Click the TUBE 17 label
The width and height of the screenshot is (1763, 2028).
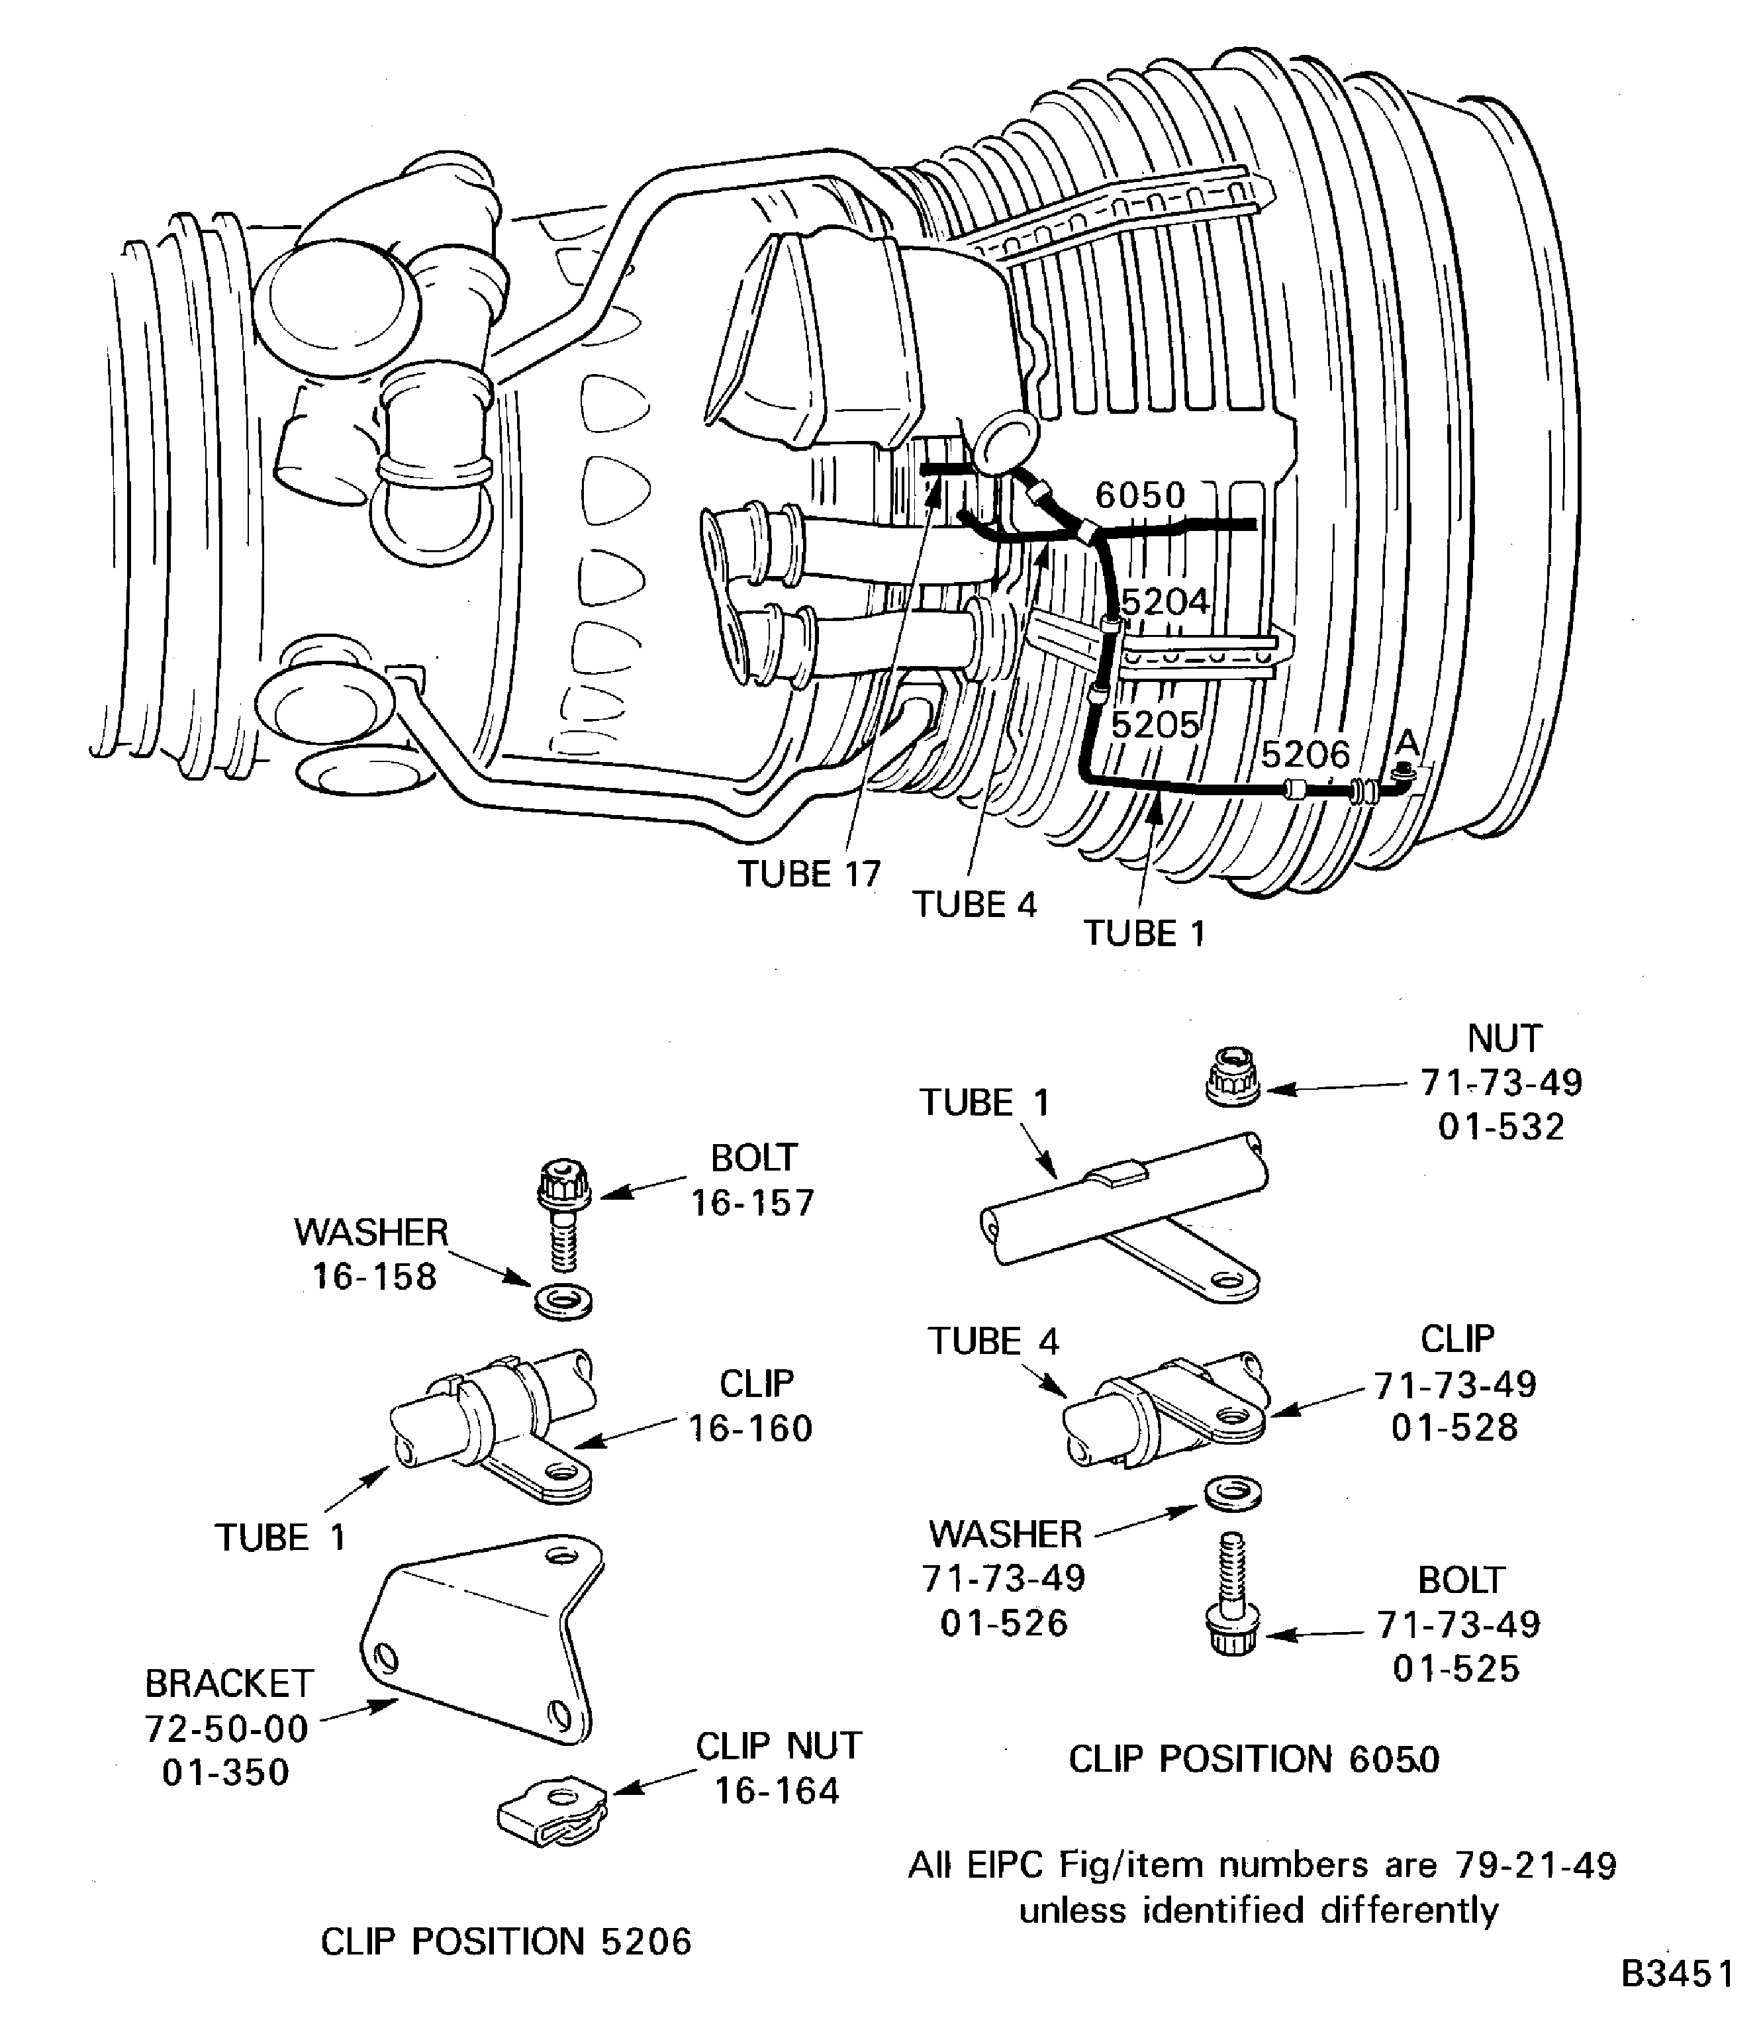(x=809, y=874)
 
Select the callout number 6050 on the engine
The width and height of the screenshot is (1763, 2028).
(x=1139, y=495)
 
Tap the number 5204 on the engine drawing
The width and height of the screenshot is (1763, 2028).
(x=1165, y=601)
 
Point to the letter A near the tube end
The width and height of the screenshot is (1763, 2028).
(x=1408, y=741)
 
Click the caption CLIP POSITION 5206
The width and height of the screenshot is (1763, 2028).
(x=506, y=1941)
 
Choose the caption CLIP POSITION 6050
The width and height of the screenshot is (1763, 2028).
(x=1253, y=1759)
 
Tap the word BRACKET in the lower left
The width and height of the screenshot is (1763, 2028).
(x=229, y=1684)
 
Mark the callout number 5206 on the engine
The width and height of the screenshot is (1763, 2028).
(x=1305, y=755)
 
